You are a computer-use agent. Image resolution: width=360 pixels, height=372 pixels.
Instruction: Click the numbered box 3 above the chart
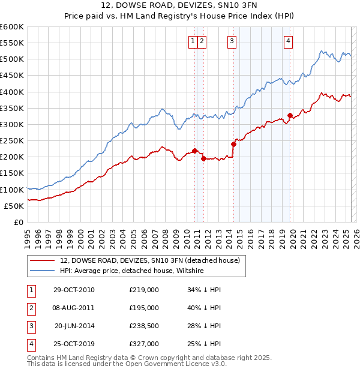coord(232,41)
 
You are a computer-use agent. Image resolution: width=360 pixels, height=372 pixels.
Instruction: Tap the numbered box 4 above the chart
coord(289,41)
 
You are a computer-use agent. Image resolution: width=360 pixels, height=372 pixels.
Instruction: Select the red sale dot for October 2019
coord(290,115)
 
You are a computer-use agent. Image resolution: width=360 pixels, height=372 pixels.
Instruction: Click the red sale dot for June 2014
coord(233,144)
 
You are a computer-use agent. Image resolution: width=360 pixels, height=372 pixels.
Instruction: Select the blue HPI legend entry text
coord(132,271)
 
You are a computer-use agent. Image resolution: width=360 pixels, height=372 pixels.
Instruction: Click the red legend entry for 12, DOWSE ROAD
coord(149,260)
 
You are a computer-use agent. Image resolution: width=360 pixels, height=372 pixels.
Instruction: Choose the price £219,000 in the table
coord(144,290)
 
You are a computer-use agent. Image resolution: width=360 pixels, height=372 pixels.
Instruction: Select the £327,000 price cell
coord(144,344)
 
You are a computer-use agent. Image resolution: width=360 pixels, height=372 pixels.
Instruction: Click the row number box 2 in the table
coord(31,308)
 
